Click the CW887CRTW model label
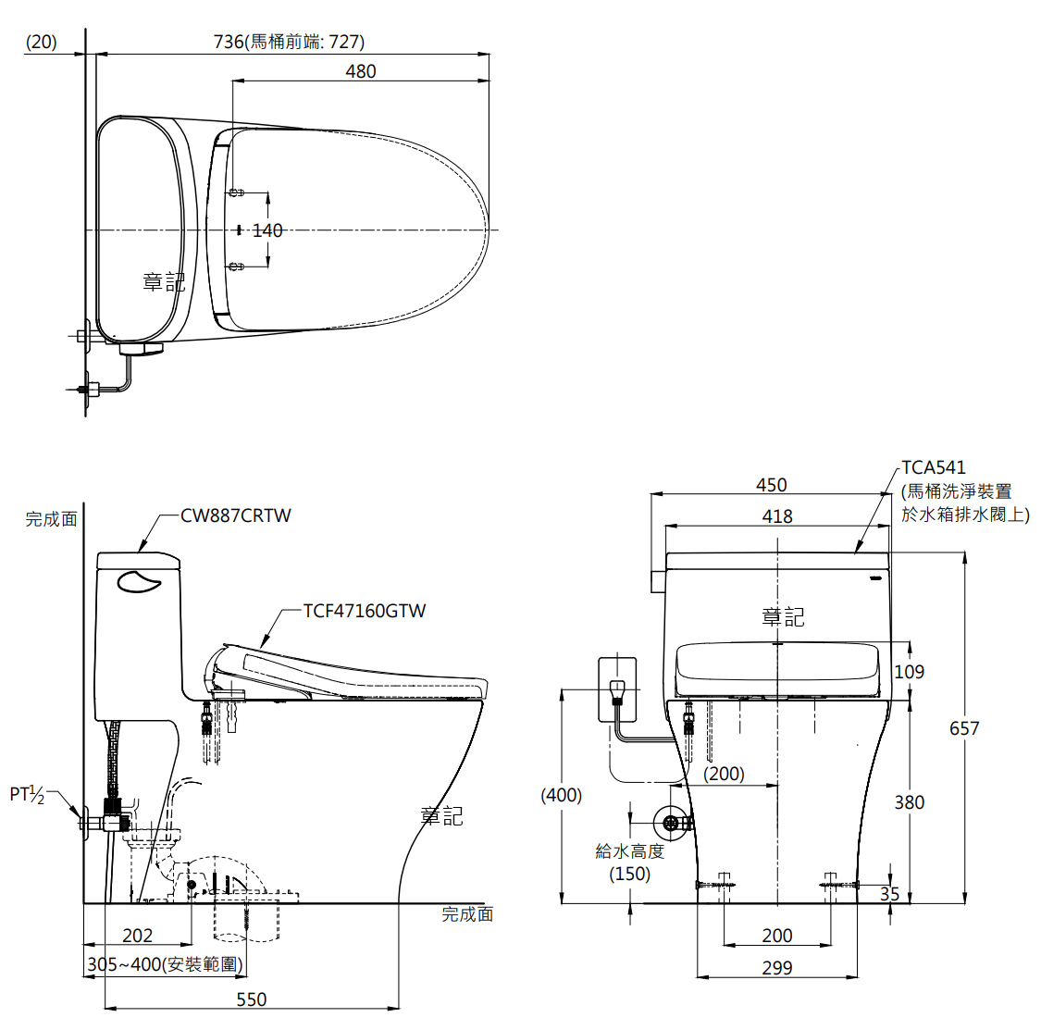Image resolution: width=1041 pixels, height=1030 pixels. coord(236,516)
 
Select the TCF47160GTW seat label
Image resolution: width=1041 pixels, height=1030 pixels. coord(365,611)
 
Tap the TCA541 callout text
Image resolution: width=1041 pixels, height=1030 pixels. coord(934,467)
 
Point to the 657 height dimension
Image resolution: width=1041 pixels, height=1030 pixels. coord(964,728)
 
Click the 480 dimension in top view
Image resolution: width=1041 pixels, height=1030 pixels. coord(361,72)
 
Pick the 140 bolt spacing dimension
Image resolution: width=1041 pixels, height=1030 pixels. coord(267,230)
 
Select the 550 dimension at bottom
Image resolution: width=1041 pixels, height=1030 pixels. coord(252,999)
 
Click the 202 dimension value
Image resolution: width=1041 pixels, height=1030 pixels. coord(138,936)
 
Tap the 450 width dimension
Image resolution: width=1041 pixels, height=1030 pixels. coord(772,486)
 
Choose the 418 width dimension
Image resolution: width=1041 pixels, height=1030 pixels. coord(777,516)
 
